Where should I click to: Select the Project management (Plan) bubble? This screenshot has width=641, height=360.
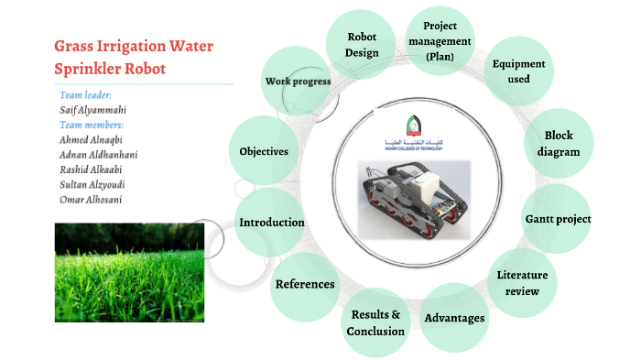pyautogui.click(x=440, y=41)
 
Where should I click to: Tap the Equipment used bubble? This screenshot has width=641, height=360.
pyautogui.click(x=518, y=71)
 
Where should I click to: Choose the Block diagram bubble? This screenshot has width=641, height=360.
pyautogui.click(x=559, y=144)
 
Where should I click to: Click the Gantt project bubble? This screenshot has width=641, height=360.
pyautogui.click(x=558, y=219)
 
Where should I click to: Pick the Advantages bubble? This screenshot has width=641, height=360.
pyautogui.click(x=454, y=317)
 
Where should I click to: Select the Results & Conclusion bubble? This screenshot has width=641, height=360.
pyautogui.click(x=375, y=322)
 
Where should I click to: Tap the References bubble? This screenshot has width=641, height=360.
pyautogui.click(x=305, y=284)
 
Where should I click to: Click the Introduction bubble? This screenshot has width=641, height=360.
pyautogui.click(x=271, y=223)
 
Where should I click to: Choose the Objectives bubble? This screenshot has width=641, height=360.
pyautogui.click(x=264, y=151)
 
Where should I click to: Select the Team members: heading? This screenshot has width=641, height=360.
pyautogui.click(x=92, y=125)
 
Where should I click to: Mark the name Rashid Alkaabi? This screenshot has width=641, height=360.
pyautogui.click(x=91, y=169)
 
